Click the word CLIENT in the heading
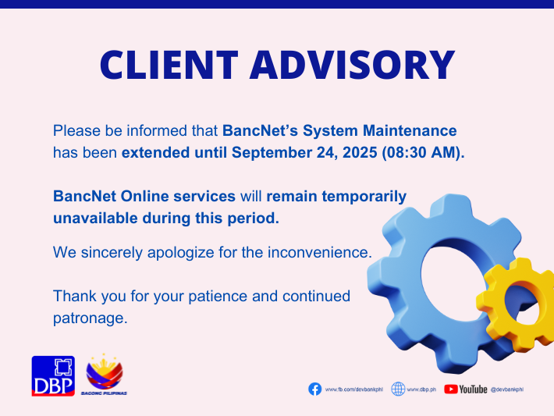coord(169,65)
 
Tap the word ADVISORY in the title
coord(352,65)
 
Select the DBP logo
coord(53,375)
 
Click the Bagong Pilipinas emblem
coord(105,375)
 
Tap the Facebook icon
coord(314,389)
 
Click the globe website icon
coord(398,389)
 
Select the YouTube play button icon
coord(451,389)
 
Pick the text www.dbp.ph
coord(421,389)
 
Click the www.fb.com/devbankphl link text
coord(354,389)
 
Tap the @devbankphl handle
coord(507,389)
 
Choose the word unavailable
coord(95,218)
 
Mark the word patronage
coord(90,318)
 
